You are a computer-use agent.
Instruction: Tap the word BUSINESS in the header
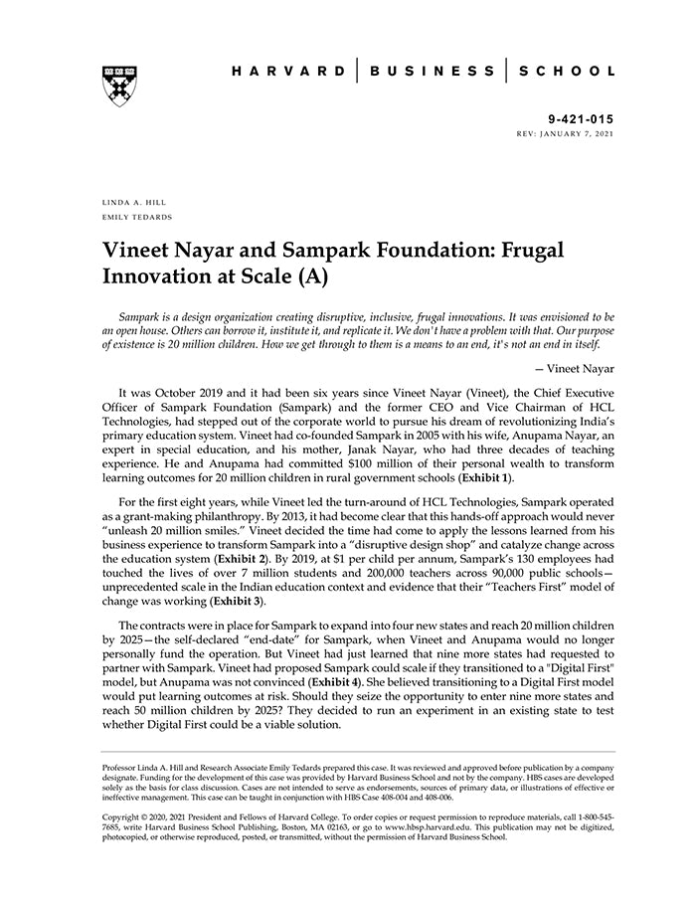(432, 72)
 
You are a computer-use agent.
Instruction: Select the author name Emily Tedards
(137, 216)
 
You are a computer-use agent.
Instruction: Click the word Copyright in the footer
(124, 817)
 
